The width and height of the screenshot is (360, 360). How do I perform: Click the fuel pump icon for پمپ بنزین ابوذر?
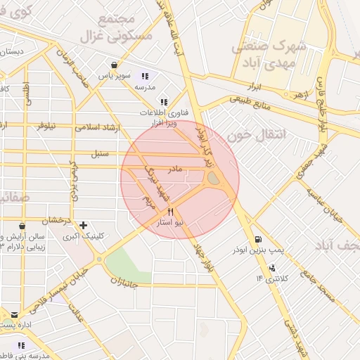click(x=258, y=239)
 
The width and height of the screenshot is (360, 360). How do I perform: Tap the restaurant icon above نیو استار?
click(x=170, y=211)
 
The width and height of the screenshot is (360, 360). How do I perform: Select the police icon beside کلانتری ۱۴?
click(x=272, y=268)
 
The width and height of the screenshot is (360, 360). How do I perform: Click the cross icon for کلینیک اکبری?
click(x=84, y=226)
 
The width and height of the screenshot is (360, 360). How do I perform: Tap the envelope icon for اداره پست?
click(x=14, y=314)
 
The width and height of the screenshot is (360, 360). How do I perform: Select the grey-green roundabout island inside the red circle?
click(x=213, y=181)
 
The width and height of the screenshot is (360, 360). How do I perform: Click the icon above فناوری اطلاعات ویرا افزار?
click(x=164, y=101)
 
